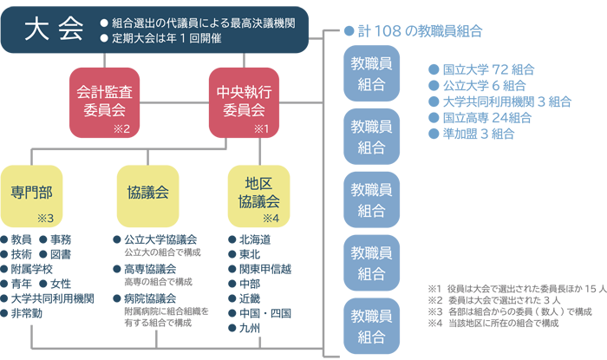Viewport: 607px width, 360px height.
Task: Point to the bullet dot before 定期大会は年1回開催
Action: (x=104, y=39)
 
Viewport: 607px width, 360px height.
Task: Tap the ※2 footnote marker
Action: (x=121, y=130)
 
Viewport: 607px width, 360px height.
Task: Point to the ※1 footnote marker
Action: (x=262, y=130)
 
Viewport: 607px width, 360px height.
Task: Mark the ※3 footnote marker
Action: (x=46, y=218)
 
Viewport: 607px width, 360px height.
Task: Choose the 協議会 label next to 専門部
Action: (x=147, y=192)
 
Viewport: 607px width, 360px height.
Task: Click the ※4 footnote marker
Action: (x=271, y=218)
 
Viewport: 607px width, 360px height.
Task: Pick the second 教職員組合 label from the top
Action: (x=371, y=137)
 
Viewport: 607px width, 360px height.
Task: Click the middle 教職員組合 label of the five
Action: (x=371, y=200)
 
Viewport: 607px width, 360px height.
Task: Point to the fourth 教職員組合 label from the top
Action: (x=371, y=262)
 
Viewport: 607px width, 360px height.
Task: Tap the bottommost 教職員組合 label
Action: (x=371, y=324)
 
